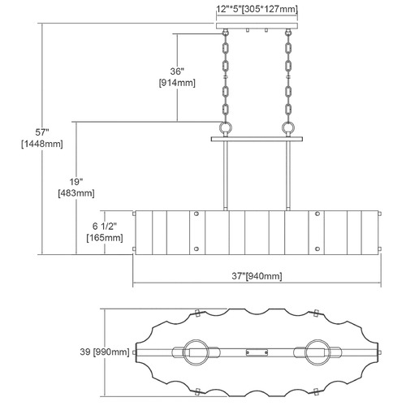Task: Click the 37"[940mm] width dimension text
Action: (257, 276)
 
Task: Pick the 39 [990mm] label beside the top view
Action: (105, 352)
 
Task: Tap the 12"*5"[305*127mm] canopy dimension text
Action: (257, 9)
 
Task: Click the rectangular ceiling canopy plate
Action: (257, 26)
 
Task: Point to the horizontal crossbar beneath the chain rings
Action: (257, 139)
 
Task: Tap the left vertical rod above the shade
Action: (225, 175)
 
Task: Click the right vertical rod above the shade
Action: (288, 175)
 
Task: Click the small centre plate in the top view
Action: (257, 352)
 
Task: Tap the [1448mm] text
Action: (42, 144)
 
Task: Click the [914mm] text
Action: (177, 83)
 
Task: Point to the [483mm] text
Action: (76, 193)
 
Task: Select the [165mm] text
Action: (105, 238)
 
